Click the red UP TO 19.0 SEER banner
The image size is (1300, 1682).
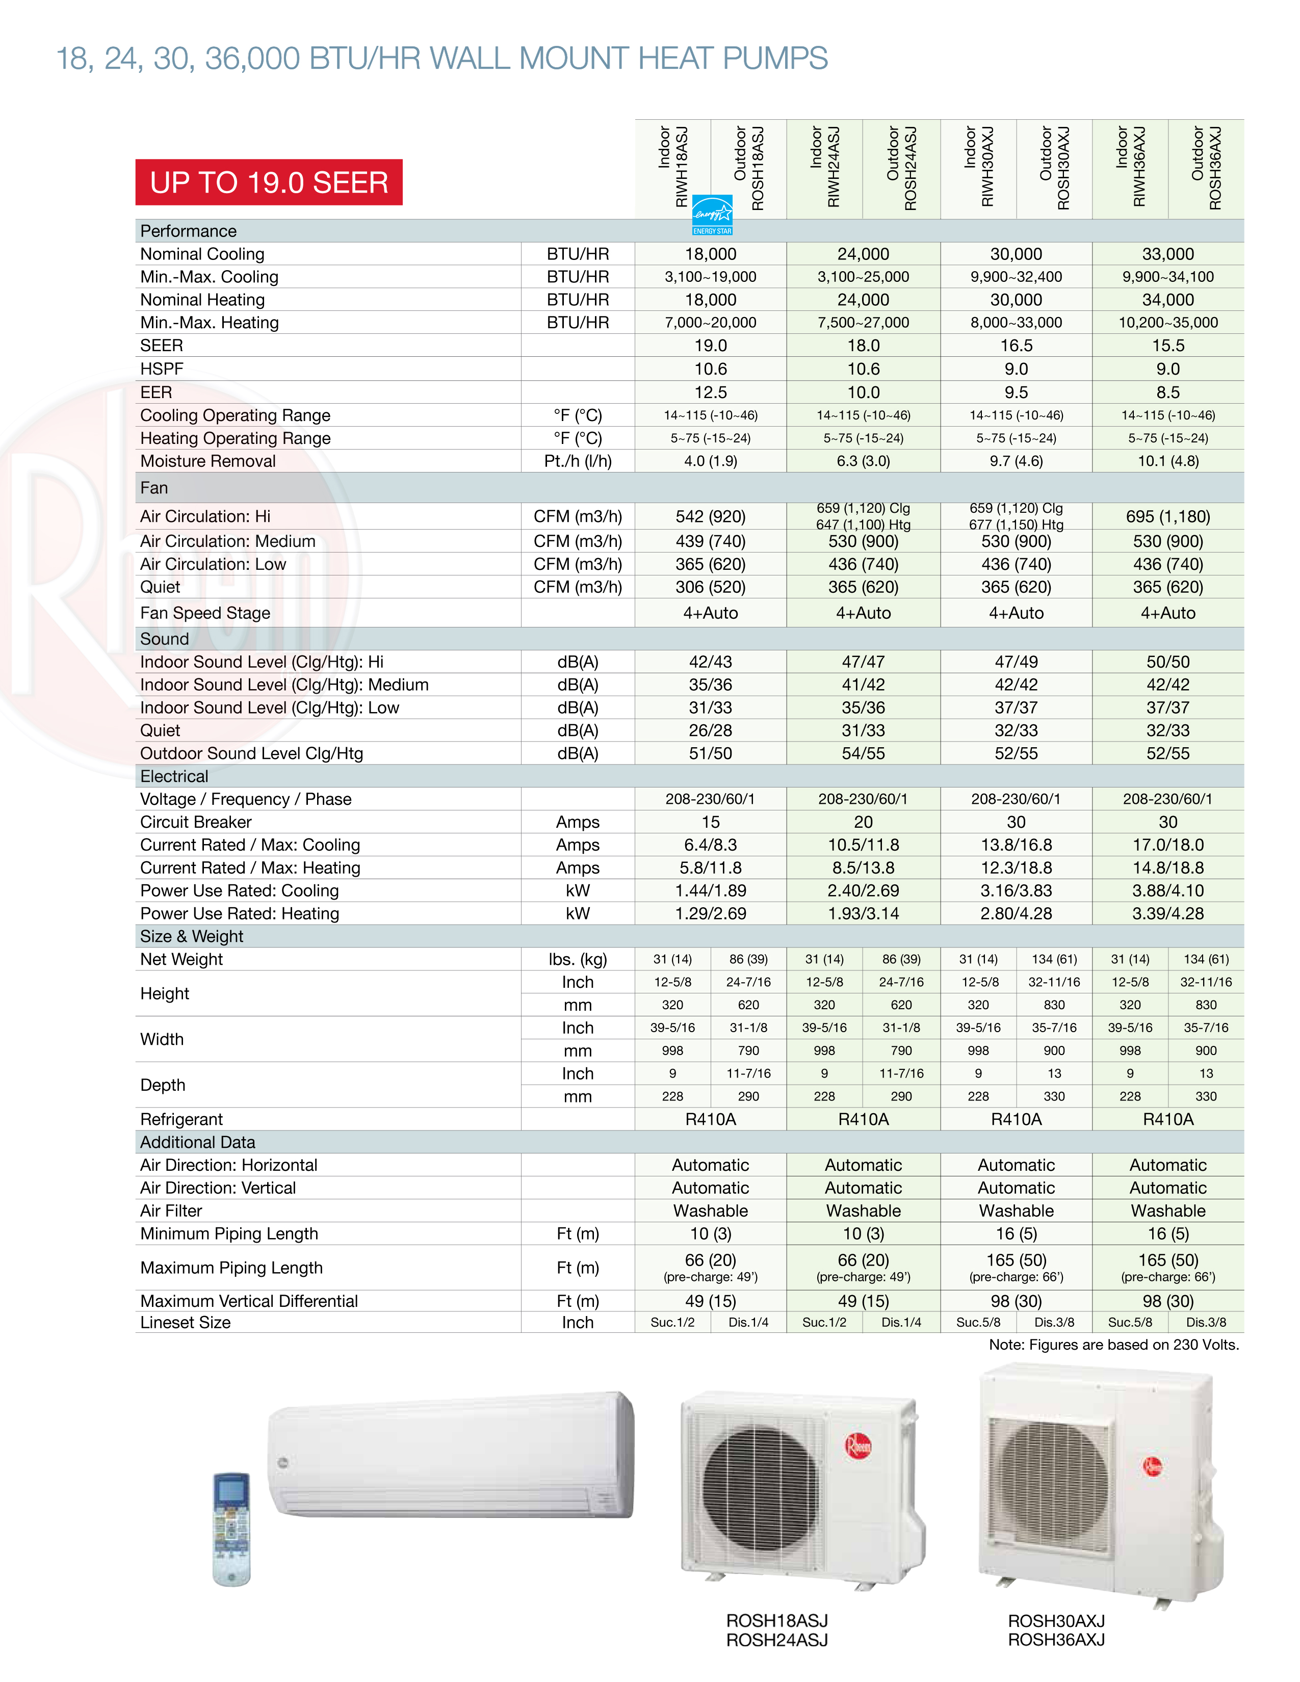269,182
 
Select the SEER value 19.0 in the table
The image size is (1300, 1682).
710,346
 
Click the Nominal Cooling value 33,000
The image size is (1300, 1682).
1167,254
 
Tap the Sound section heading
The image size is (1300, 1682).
165,639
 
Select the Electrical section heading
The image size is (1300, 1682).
174,776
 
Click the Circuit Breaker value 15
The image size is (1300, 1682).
710,823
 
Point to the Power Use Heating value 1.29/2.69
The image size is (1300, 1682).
710,914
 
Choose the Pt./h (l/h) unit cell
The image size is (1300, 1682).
578,461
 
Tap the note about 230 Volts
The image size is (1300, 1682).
1113,1345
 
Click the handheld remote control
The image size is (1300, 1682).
231,1528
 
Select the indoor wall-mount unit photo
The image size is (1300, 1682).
453,1456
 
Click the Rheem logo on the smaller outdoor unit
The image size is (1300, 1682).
858,1446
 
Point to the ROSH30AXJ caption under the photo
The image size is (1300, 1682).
1056,1620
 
